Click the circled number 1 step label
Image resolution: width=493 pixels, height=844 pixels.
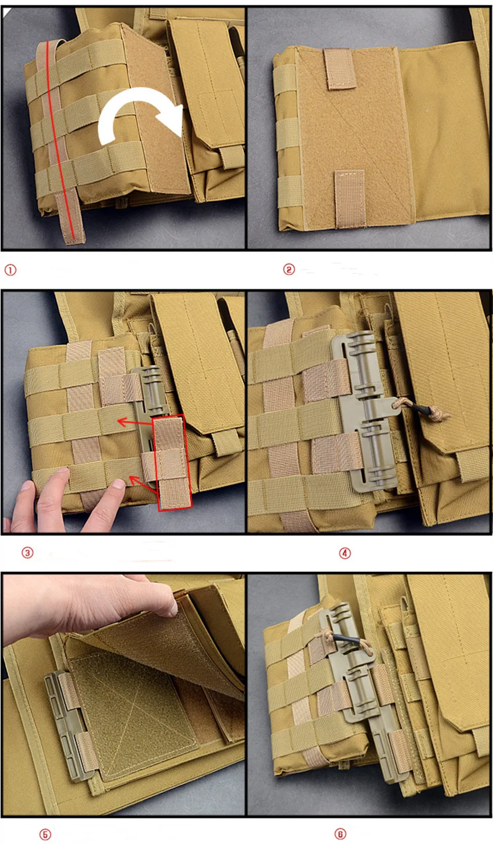pyautogui.click(x=10, y=270)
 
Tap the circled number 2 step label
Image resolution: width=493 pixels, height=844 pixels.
pyautogui.click(x=289, y=269)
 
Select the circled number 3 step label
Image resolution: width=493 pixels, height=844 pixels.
pyautogui.click(x=27, y=553)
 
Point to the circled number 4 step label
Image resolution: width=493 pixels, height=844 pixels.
pyautogui.click(x=345, y=553)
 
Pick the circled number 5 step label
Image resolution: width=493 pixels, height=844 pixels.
pyautogui.click(x=45, y=834)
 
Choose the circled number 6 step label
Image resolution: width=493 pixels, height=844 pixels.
pyautogui.click(x=340, y=834)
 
